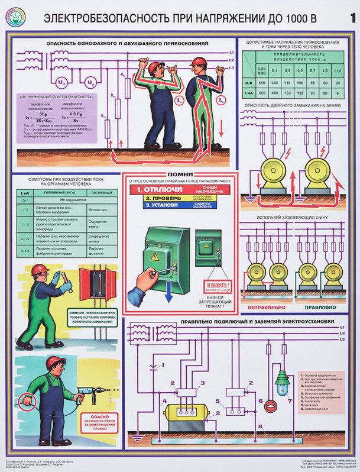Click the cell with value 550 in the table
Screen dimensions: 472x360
[x=261, y=83]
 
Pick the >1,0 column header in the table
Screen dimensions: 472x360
[x=337, y=70]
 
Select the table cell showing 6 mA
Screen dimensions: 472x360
[x=337, y=93]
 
